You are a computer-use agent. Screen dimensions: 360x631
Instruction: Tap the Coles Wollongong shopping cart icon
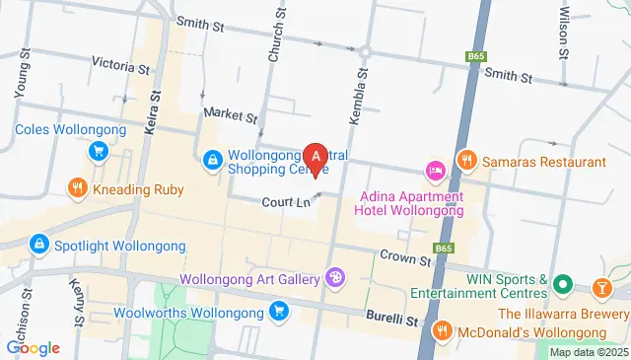[x=98, y=151]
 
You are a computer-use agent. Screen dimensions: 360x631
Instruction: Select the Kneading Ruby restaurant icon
[x=77, y=187]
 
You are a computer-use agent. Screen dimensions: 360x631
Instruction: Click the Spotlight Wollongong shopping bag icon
[x=37, y=243]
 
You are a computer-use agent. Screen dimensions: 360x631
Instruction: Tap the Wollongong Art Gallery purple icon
[x=336, y=277]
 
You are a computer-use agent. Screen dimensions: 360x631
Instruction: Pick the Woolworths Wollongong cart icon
[x=280, y=313]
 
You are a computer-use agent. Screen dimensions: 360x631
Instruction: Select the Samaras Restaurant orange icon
[x=467, y=159]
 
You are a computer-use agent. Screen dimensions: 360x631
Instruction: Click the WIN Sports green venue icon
[x=563, y=285]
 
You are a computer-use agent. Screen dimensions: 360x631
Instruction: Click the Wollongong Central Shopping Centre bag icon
[x=213, y=159]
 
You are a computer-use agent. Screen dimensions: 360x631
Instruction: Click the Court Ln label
[x=287, y=202]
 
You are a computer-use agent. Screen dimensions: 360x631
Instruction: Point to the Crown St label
[x=405, y=259]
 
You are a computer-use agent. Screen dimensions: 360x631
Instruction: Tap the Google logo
[x=34, y=347]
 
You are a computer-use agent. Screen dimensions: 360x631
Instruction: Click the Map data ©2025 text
[x=588, y=352]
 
